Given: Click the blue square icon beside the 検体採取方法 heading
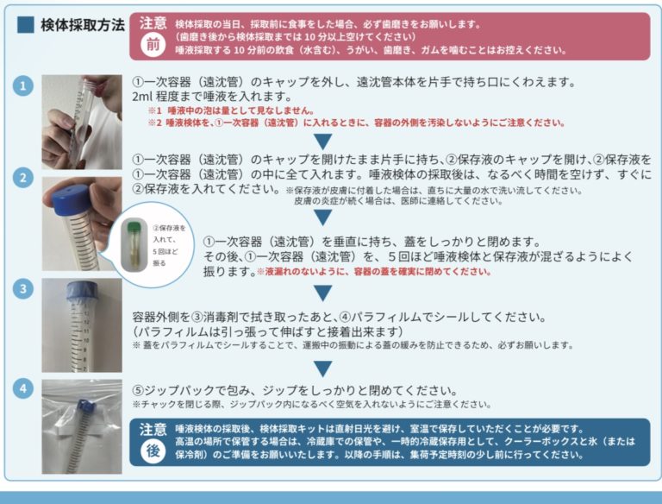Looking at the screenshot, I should pyautogui.click(x=25, y=24).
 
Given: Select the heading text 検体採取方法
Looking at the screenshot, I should pyautogui.click(x=82, y=24).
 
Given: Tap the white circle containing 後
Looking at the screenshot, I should pyautogui.click(x=152, y=451).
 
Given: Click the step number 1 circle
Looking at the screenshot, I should pyautogui.click(x=23, y=86).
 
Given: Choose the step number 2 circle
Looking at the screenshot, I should pyautogui.click(x=23, y=178).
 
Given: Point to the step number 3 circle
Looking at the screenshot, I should pyautogui.click(x=23, y=287).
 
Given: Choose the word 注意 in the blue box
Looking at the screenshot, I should pyautogui.click(x=153, y=429).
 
